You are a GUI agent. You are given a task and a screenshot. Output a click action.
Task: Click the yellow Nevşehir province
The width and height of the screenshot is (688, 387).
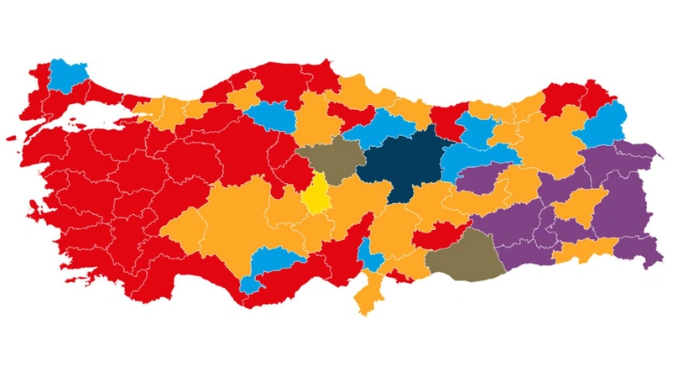(x=317, y=195)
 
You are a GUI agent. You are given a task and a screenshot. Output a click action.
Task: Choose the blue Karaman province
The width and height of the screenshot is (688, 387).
(x=268, y=263)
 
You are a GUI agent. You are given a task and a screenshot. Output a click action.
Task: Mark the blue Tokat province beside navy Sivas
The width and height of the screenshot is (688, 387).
(x=382, y=133)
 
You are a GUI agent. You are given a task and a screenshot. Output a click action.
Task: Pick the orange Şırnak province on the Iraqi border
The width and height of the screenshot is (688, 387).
(x=587, y=250)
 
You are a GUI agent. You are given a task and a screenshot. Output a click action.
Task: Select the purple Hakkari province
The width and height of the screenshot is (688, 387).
(x=642, y=248)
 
